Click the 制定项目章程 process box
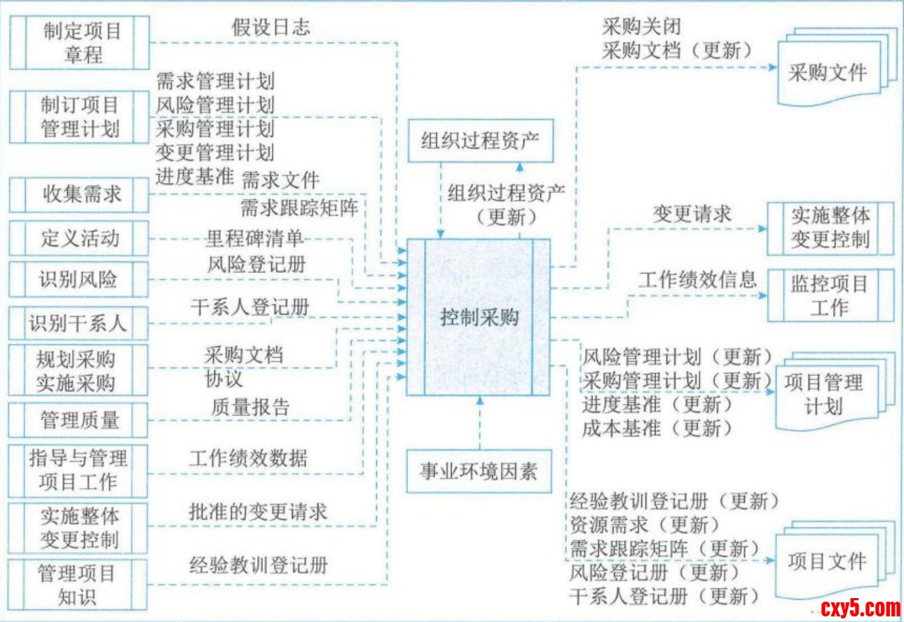tap(80, 42)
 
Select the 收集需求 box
tap(80, 194)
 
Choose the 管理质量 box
tap(80, 420)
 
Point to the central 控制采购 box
tap(479, 318)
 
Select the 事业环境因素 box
tap(479, 471)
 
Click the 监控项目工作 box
tap(830, 295)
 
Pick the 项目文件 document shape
tap(827, 562)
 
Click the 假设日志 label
tap(270, 27)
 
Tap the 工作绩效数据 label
tap(248, 459)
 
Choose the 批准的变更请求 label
tap(258, 511)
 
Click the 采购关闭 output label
tap(641, 27)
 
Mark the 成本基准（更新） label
tap(657, 428)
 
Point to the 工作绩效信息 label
tap(697, 279)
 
